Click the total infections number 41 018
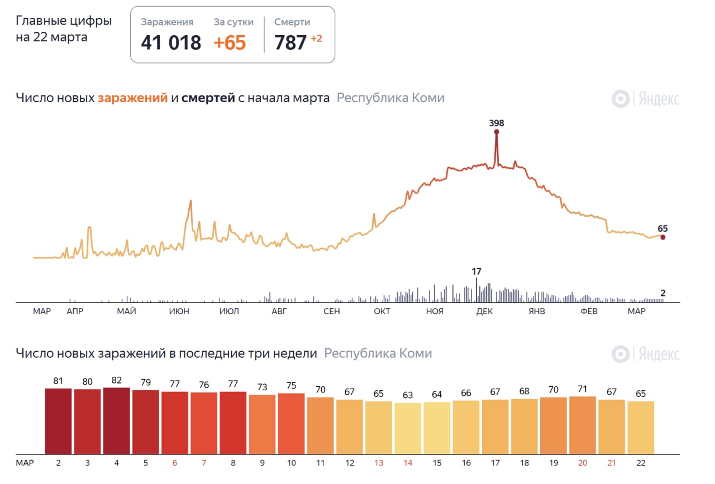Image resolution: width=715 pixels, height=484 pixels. pyautogui.click(x=171, y=42)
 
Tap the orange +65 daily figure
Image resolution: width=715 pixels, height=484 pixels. pyautogui.click(x=230, y=42)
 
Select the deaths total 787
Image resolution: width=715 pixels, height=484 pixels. pyautogui.click(x=290, y=42)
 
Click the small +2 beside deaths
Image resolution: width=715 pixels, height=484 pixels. pyautogui.click(x=316, y=39)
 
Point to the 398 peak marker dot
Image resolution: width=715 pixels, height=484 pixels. pyautogui.click(x=496, y=132)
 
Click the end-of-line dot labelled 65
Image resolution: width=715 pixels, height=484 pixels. pyautogui.click(x=662, y=237)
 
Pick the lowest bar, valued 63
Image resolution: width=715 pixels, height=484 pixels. pyautogui.click(x=408, y=428)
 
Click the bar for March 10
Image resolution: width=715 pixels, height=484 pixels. pyautogui.click(x=291, y=423)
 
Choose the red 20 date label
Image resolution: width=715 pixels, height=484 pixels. pyautogui.click(x=583, y=463)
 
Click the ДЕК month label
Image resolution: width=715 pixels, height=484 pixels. pyautogui.click(x=484, y=312)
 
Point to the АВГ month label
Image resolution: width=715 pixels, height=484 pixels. pyautogui.click(x=279, y=312)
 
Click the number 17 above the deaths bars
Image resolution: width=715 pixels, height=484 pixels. pyautogui.click(x=476, y=272)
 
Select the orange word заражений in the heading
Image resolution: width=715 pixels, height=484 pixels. pyautogui.click(x=132, y=98)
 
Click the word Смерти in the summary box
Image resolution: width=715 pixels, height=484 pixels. pyautogui.click(x=292, y=22)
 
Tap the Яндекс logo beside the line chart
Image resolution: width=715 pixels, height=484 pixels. pyautogui.click(x=646, y=99)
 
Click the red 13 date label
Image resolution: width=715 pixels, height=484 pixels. pyautogui.click(x=379, y=463)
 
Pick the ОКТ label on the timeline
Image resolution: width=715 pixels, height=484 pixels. pyautogui.click(x=382, y=312)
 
